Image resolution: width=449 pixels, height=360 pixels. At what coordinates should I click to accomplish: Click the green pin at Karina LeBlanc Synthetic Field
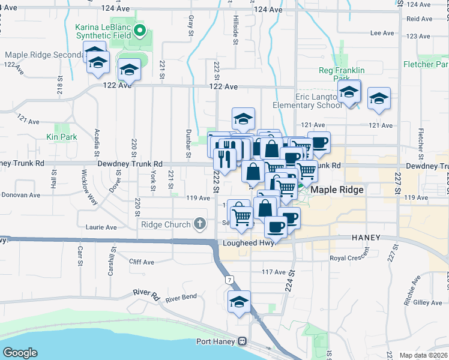coord(140,29)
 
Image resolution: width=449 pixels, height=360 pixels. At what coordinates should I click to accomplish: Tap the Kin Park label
coord(62,137)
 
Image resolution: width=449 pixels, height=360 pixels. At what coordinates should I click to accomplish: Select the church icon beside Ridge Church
coord(200,224)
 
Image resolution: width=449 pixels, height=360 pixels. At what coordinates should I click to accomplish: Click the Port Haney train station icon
coord(242,341)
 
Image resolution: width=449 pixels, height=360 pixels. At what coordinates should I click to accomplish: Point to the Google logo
coord(20,353)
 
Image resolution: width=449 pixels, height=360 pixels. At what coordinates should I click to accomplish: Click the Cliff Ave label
coord(142,262)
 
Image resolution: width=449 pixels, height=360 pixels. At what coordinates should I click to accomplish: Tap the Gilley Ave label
coord(427,303)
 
